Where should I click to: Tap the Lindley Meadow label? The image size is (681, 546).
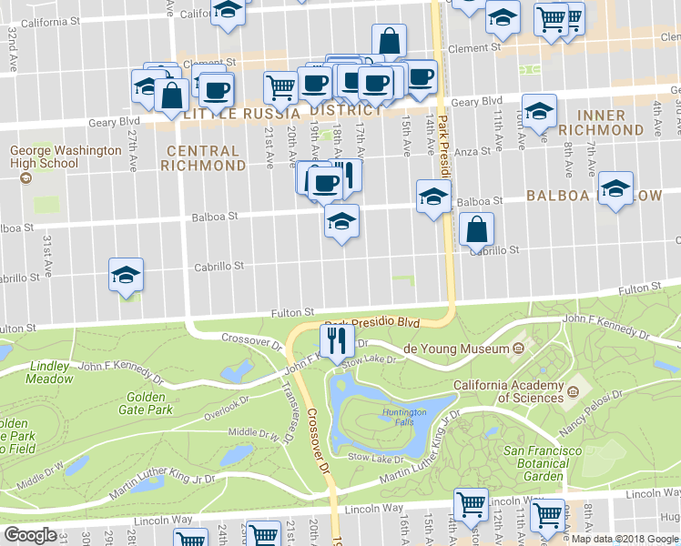click(50, 372)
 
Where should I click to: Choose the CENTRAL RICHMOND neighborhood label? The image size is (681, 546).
click(203, 157)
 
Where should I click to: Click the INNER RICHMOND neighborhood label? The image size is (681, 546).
click(601, 123)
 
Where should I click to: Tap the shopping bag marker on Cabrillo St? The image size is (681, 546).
click(477, 230)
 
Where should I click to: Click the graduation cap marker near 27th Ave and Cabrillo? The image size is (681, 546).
click(127, 275)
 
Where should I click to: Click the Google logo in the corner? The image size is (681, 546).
click(30, 535)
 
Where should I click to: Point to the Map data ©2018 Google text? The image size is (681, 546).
click(625, 537)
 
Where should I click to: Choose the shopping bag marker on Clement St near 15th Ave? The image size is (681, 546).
click(389, 41)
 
